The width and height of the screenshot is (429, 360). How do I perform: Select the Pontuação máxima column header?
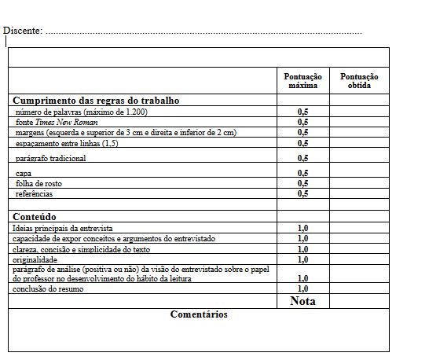[x=302, y=81]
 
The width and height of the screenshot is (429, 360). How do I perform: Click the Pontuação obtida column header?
[x=359, y=81]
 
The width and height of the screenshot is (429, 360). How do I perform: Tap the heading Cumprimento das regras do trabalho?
[x=96, y=101]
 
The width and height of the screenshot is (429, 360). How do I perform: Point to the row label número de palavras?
[x=81, y=112]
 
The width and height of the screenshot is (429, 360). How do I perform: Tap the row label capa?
[x=24, y=173]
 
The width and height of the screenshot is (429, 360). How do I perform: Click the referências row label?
[x=35, y=193]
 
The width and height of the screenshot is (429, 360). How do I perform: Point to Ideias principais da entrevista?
[x=63, y=227]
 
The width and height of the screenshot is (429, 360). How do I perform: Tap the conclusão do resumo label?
[x=49, y=288]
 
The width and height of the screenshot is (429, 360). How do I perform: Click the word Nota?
[x=302, y=300]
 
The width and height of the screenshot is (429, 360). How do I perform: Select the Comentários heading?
[x=199, y=314]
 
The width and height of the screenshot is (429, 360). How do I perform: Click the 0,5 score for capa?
[x=302, y=173]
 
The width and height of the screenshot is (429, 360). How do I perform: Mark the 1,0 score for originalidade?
[x=302, y=259]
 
